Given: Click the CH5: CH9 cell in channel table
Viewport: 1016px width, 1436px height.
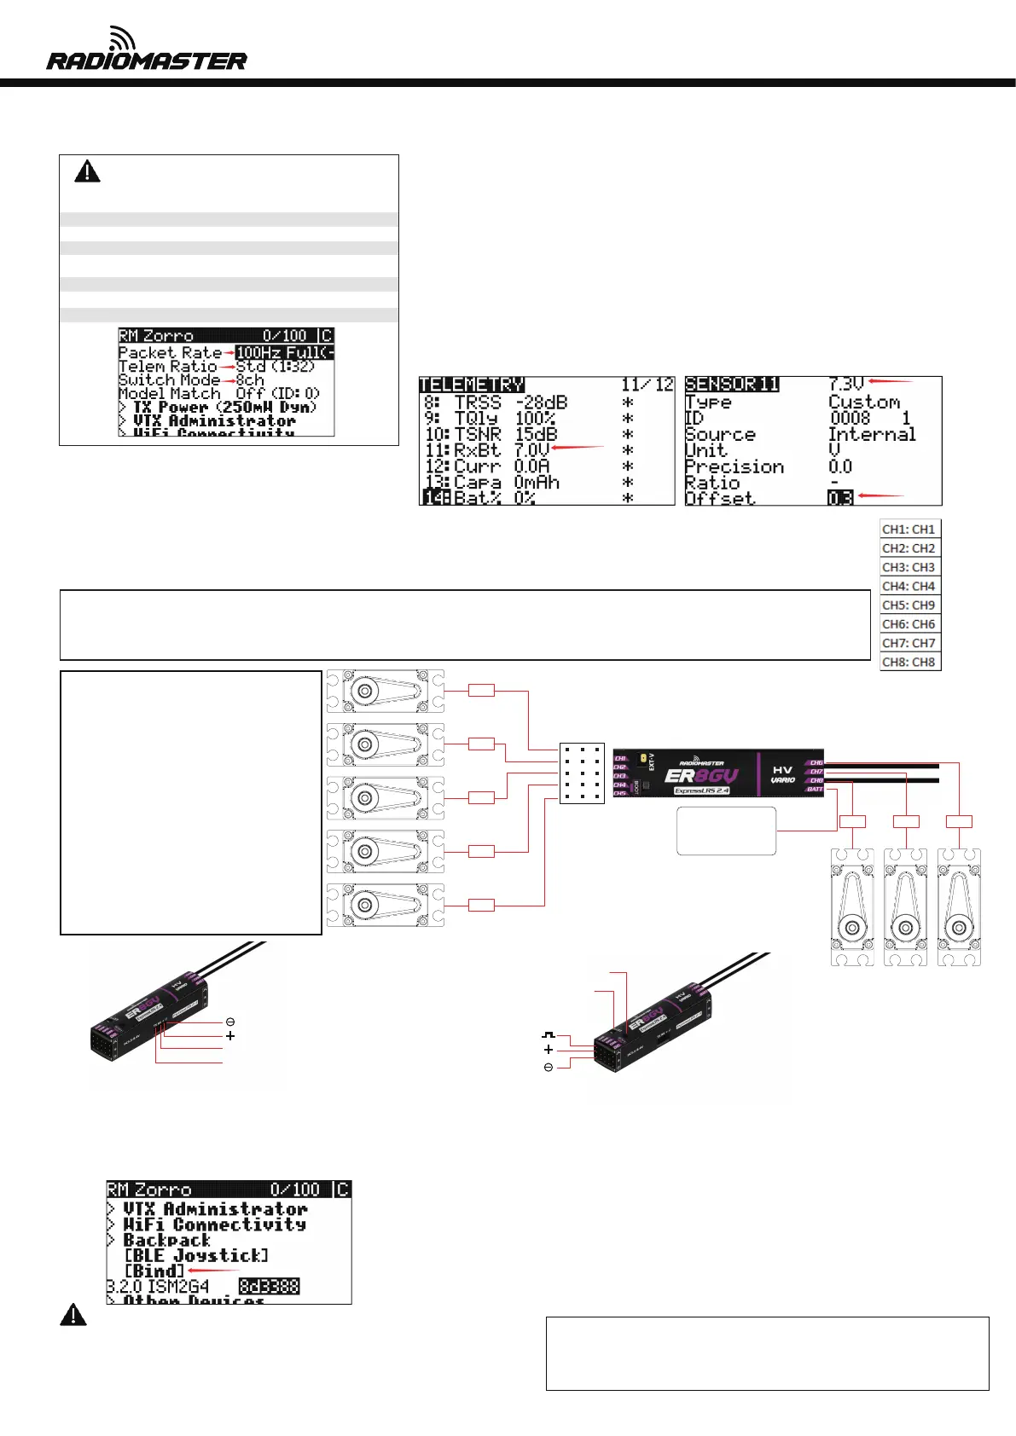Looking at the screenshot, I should (x=909, y=605).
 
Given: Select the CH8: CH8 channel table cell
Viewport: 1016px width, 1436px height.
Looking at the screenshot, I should (x=909, y=662).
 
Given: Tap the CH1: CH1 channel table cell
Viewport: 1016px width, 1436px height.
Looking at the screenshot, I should (x=909, y=529).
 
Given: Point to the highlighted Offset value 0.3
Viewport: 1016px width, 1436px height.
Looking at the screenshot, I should (x=840, y=498).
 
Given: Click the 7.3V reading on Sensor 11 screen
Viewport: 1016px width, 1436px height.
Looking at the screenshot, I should (x=846, y=385).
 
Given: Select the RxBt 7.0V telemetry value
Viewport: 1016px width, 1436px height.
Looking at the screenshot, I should (x=531, y=449).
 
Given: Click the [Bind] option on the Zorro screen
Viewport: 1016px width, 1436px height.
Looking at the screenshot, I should (x=154, y=1271).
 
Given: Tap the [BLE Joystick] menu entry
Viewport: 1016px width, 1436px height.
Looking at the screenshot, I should (x=196, y=1255).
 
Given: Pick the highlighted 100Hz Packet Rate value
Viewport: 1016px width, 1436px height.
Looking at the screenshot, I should (x=284, y=352).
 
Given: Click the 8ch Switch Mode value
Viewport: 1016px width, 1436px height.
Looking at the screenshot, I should (x=250, y=379).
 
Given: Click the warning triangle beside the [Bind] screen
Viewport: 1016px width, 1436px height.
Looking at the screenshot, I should (x=73, y=1315).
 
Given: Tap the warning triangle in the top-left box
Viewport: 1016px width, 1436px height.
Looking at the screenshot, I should (x=87, y=172).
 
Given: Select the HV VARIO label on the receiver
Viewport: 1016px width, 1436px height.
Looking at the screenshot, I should (x=782, y=774).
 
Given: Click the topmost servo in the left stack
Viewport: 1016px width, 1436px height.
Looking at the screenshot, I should (x=385, y=691).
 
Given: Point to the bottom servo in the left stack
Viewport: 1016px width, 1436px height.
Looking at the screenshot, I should (x=385, y=905).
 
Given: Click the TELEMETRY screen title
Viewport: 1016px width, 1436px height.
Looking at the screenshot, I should (x=472, y=385).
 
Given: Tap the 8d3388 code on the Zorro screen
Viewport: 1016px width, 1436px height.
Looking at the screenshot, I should (x=269, y=1286).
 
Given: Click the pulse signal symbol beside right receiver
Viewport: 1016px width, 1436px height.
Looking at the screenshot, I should (x=548, y=1034).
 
